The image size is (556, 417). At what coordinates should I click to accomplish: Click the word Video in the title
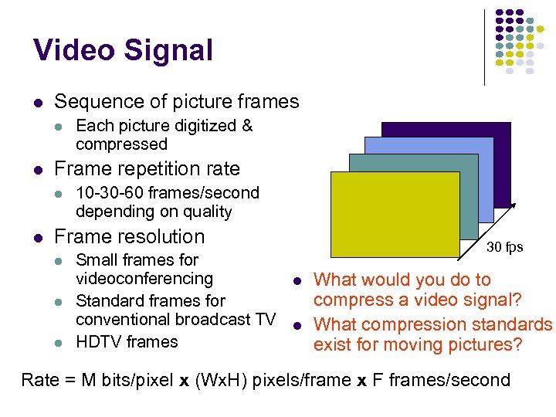(x=73, y=50)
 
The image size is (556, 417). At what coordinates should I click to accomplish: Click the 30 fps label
(x=504, y=247)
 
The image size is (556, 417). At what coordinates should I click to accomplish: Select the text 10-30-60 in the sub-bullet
(x=110, y=193)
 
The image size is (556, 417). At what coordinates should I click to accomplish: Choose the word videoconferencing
(x=144, y=279)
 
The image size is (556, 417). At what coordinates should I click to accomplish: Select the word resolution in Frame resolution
(x=161, y=237)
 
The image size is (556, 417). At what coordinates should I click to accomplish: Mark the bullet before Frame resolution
(x=37, y=237)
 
